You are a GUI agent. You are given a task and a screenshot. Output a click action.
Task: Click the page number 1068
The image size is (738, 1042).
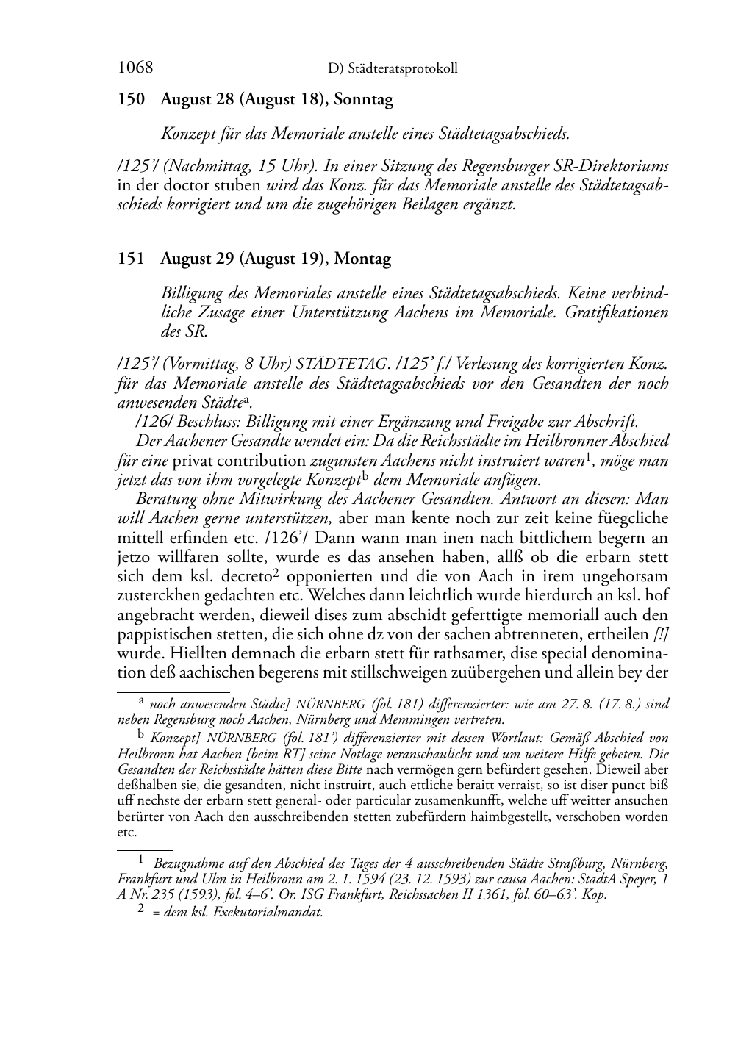135,68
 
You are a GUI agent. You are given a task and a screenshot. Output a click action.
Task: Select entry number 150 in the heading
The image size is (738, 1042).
131,100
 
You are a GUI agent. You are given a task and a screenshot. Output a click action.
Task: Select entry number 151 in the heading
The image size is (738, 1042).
131,259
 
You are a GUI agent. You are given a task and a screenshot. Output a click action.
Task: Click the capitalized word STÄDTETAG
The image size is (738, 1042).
342,364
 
